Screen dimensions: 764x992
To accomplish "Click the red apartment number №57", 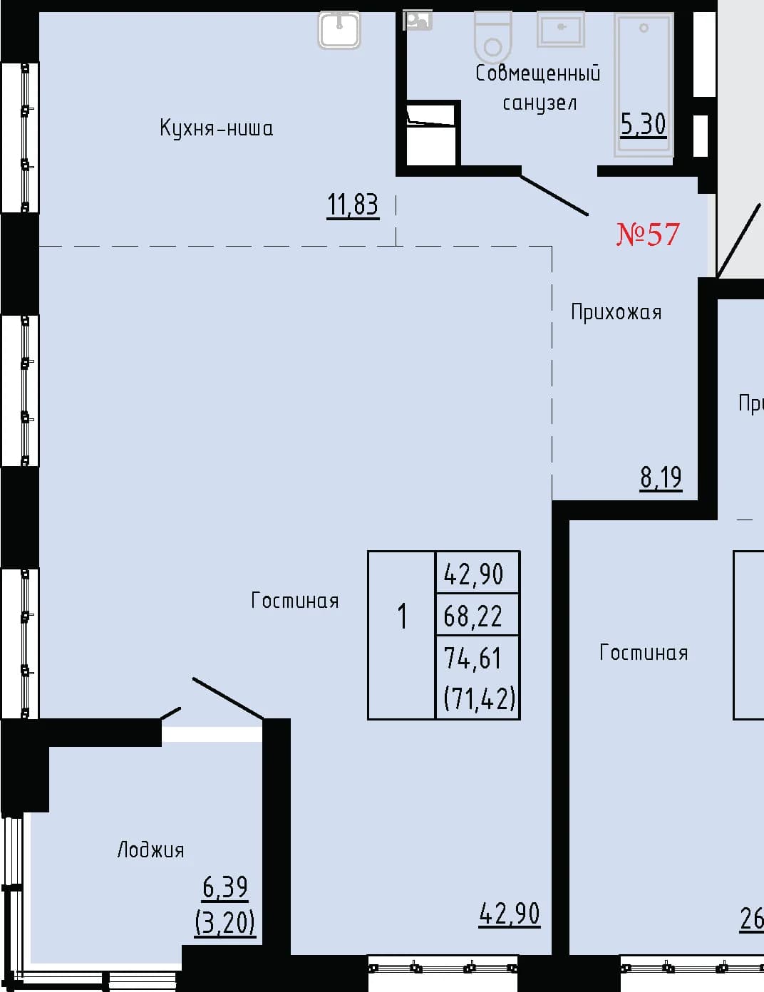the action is tap(648, 234).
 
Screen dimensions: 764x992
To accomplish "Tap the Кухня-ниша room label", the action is tap(217, 128).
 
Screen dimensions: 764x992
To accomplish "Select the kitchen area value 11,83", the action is tap(353, 205).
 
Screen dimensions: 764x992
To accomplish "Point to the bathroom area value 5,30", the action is tap(643, 124).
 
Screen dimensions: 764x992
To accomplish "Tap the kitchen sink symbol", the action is tap(339, 30).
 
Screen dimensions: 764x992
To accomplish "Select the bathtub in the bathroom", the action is tap(644, 85).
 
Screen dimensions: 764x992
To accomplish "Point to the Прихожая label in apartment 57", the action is tap(616, 313).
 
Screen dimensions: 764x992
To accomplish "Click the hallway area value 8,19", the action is tap(661, 477).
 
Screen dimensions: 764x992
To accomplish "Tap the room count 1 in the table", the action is tap(402, 616).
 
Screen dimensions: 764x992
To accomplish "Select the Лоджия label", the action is tap(150, 850).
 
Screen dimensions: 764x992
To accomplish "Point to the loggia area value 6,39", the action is tap(225, 887).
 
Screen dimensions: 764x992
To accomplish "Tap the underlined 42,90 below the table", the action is tap(510, 914).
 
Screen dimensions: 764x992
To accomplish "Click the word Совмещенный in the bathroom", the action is tap(538, 73).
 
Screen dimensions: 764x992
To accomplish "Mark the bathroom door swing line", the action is tap(554, 195).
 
